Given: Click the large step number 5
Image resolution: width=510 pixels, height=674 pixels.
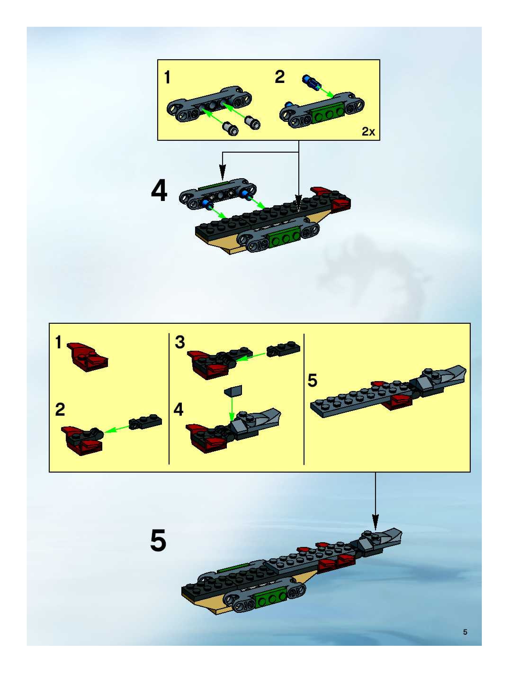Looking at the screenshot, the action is click(x=158, y=541).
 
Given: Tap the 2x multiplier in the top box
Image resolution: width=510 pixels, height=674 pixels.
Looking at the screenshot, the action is click(x=368, y=132).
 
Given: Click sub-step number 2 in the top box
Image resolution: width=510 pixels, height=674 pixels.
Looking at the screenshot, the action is click(x=280, y=77).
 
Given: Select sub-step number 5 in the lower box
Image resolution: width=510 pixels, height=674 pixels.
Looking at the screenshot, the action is click(x=312, y=381).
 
